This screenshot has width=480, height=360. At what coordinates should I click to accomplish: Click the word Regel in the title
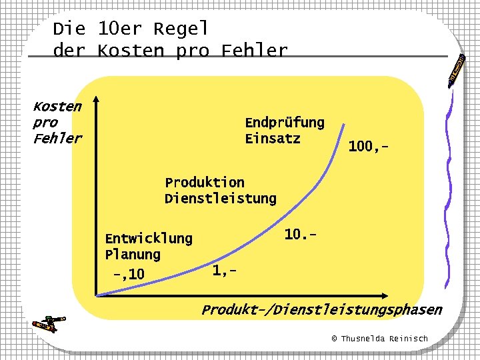click(x=181, y=29)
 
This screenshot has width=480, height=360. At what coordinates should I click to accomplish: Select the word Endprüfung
click(x=285, y=123)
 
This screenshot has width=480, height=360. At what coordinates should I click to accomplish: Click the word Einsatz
click(x=273, y=139)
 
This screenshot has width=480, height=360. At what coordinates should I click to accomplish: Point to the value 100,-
click(x=369, y=146)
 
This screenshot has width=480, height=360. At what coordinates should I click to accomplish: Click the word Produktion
click(x=205, y=182)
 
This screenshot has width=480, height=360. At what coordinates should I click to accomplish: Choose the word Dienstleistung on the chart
click(x=220, y=198)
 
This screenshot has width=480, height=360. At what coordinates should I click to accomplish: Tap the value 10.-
click(x=299, y=235)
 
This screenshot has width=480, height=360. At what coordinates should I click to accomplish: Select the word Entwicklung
click(x=149, y=238)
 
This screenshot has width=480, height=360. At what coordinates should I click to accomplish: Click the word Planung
click(x=133, y=254)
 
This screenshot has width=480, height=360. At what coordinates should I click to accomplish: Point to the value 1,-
click(x=224, y=270)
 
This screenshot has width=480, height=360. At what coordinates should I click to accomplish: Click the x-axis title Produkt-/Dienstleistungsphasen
click(x=321, y=309)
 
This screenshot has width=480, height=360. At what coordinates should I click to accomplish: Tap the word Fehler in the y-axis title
click(x=57, y=139)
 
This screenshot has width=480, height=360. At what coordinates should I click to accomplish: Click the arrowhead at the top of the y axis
click(x=96, y=100)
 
